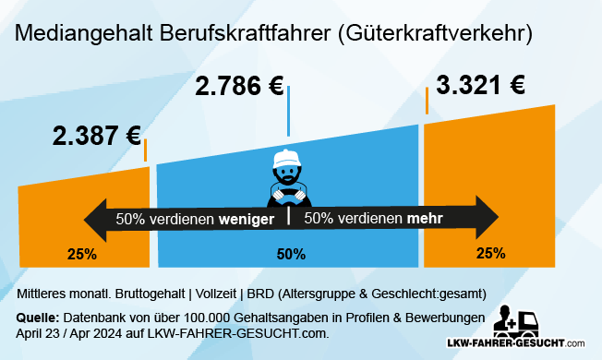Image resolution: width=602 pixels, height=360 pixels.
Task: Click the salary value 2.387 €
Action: tap(96, 136)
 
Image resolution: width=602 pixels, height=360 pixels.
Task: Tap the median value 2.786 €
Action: tap(239, 89)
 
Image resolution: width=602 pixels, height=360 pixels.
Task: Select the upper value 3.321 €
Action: tap(480, 86)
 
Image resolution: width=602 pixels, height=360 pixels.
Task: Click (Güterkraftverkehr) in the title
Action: tap(432, 34)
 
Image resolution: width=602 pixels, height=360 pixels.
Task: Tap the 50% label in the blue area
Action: tap(292, 253)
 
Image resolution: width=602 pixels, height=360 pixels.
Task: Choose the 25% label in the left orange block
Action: tap(81, 253)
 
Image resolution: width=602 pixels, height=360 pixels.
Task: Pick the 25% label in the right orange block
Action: tap(490, 252)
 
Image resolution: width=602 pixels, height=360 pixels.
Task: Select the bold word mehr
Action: tap(424, 219)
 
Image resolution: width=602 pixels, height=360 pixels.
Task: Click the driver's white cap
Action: tap(288, 156)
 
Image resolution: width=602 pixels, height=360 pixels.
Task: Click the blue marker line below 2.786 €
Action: tap(288, 111)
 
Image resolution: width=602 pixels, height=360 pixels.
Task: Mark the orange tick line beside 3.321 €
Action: tap(427, 101)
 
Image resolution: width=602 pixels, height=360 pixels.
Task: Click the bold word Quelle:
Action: tap(38, 318)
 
